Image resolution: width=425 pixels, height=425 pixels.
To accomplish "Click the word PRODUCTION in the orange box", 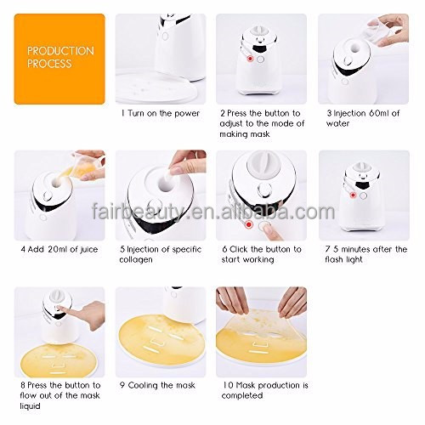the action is point(60,51).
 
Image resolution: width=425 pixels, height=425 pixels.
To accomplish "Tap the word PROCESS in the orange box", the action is point(49,64).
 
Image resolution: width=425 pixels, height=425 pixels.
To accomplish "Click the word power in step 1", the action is point(187,114).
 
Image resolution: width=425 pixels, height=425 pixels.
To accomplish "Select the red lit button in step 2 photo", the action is point(250,59).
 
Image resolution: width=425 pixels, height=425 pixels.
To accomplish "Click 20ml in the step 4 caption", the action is point(58,249).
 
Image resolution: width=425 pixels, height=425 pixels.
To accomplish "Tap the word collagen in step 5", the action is point(136,260).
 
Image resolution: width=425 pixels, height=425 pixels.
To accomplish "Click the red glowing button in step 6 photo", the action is point(249,224).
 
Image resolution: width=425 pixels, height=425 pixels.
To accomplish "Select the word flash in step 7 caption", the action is point(334,259).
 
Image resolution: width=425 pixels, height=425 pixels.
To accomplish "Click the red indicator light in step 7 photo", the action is point(353,195).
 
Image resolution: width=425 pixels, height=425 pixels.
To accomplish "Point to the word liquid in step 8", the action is point(30,406).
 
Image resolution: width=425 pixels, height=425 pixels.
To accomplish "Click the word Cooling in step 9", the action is point(143,386).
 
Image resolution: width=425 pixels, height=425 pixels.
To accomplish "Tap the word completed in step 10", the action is point(242,396).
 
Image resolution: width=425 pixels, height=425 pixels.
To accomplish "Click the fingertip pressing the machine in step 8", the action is point(59,308).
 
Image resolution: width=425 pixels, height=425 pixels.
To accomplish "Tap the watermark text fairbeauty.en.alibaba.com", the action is point(213,212).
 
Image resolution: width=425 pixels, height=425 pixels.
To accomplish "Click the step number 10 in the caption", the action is point(228,385).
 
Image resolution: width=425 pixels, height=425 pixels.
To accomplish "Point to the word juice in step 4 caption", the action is point(89,250).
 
